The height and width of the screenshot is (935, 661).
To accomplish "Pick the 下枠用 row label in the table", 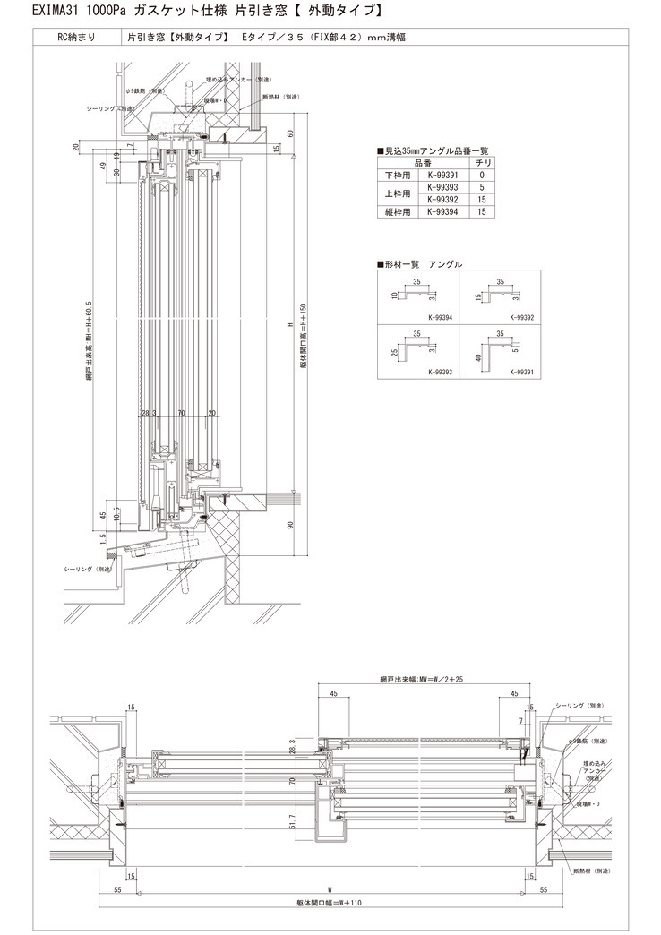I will (x=395, y=175).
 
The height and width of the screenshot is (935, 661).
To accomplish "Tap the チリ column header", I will (x=481, y=163).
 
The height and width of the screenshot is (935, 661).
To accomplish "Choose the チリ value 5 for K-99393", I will (x=482, y=187).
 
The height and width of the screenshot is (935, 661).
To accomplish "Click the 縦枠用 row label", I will (x=395, y=212).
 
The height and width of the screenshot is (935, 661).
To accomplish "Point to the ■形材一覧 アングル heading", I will (x=421, y=265).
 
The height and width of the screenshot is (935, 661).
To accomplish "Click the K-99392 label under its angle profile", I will (x=522, y=317).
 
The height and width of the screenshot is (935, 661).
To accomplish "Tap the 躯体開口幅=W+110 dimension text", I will (x=330, y=903).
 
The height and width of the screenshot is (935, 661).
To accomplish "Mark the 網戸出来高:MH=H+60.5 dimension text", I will (x=89, y=340).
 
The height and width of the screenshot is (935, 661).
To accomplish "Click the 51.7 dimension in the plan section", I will (x=293, y=821).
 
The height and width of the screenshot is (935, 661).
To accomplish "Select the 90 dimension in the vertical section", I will (x=290, y=525).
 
